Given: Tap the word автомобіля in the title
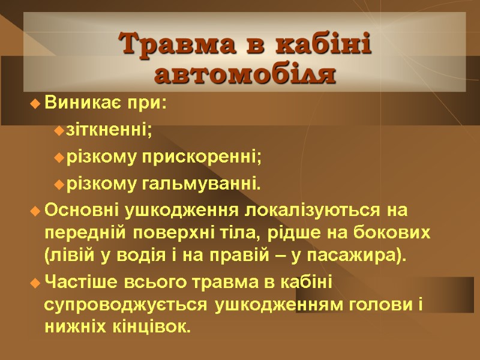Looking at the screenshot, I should pyautogui.click(x=245, y=75).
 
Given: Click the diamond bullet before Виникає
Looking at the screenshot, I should pyautogui.click(x=34, y=104).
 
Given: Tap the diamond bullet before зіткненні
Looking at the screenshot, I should pyautogui.click(x=58, y=130).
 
